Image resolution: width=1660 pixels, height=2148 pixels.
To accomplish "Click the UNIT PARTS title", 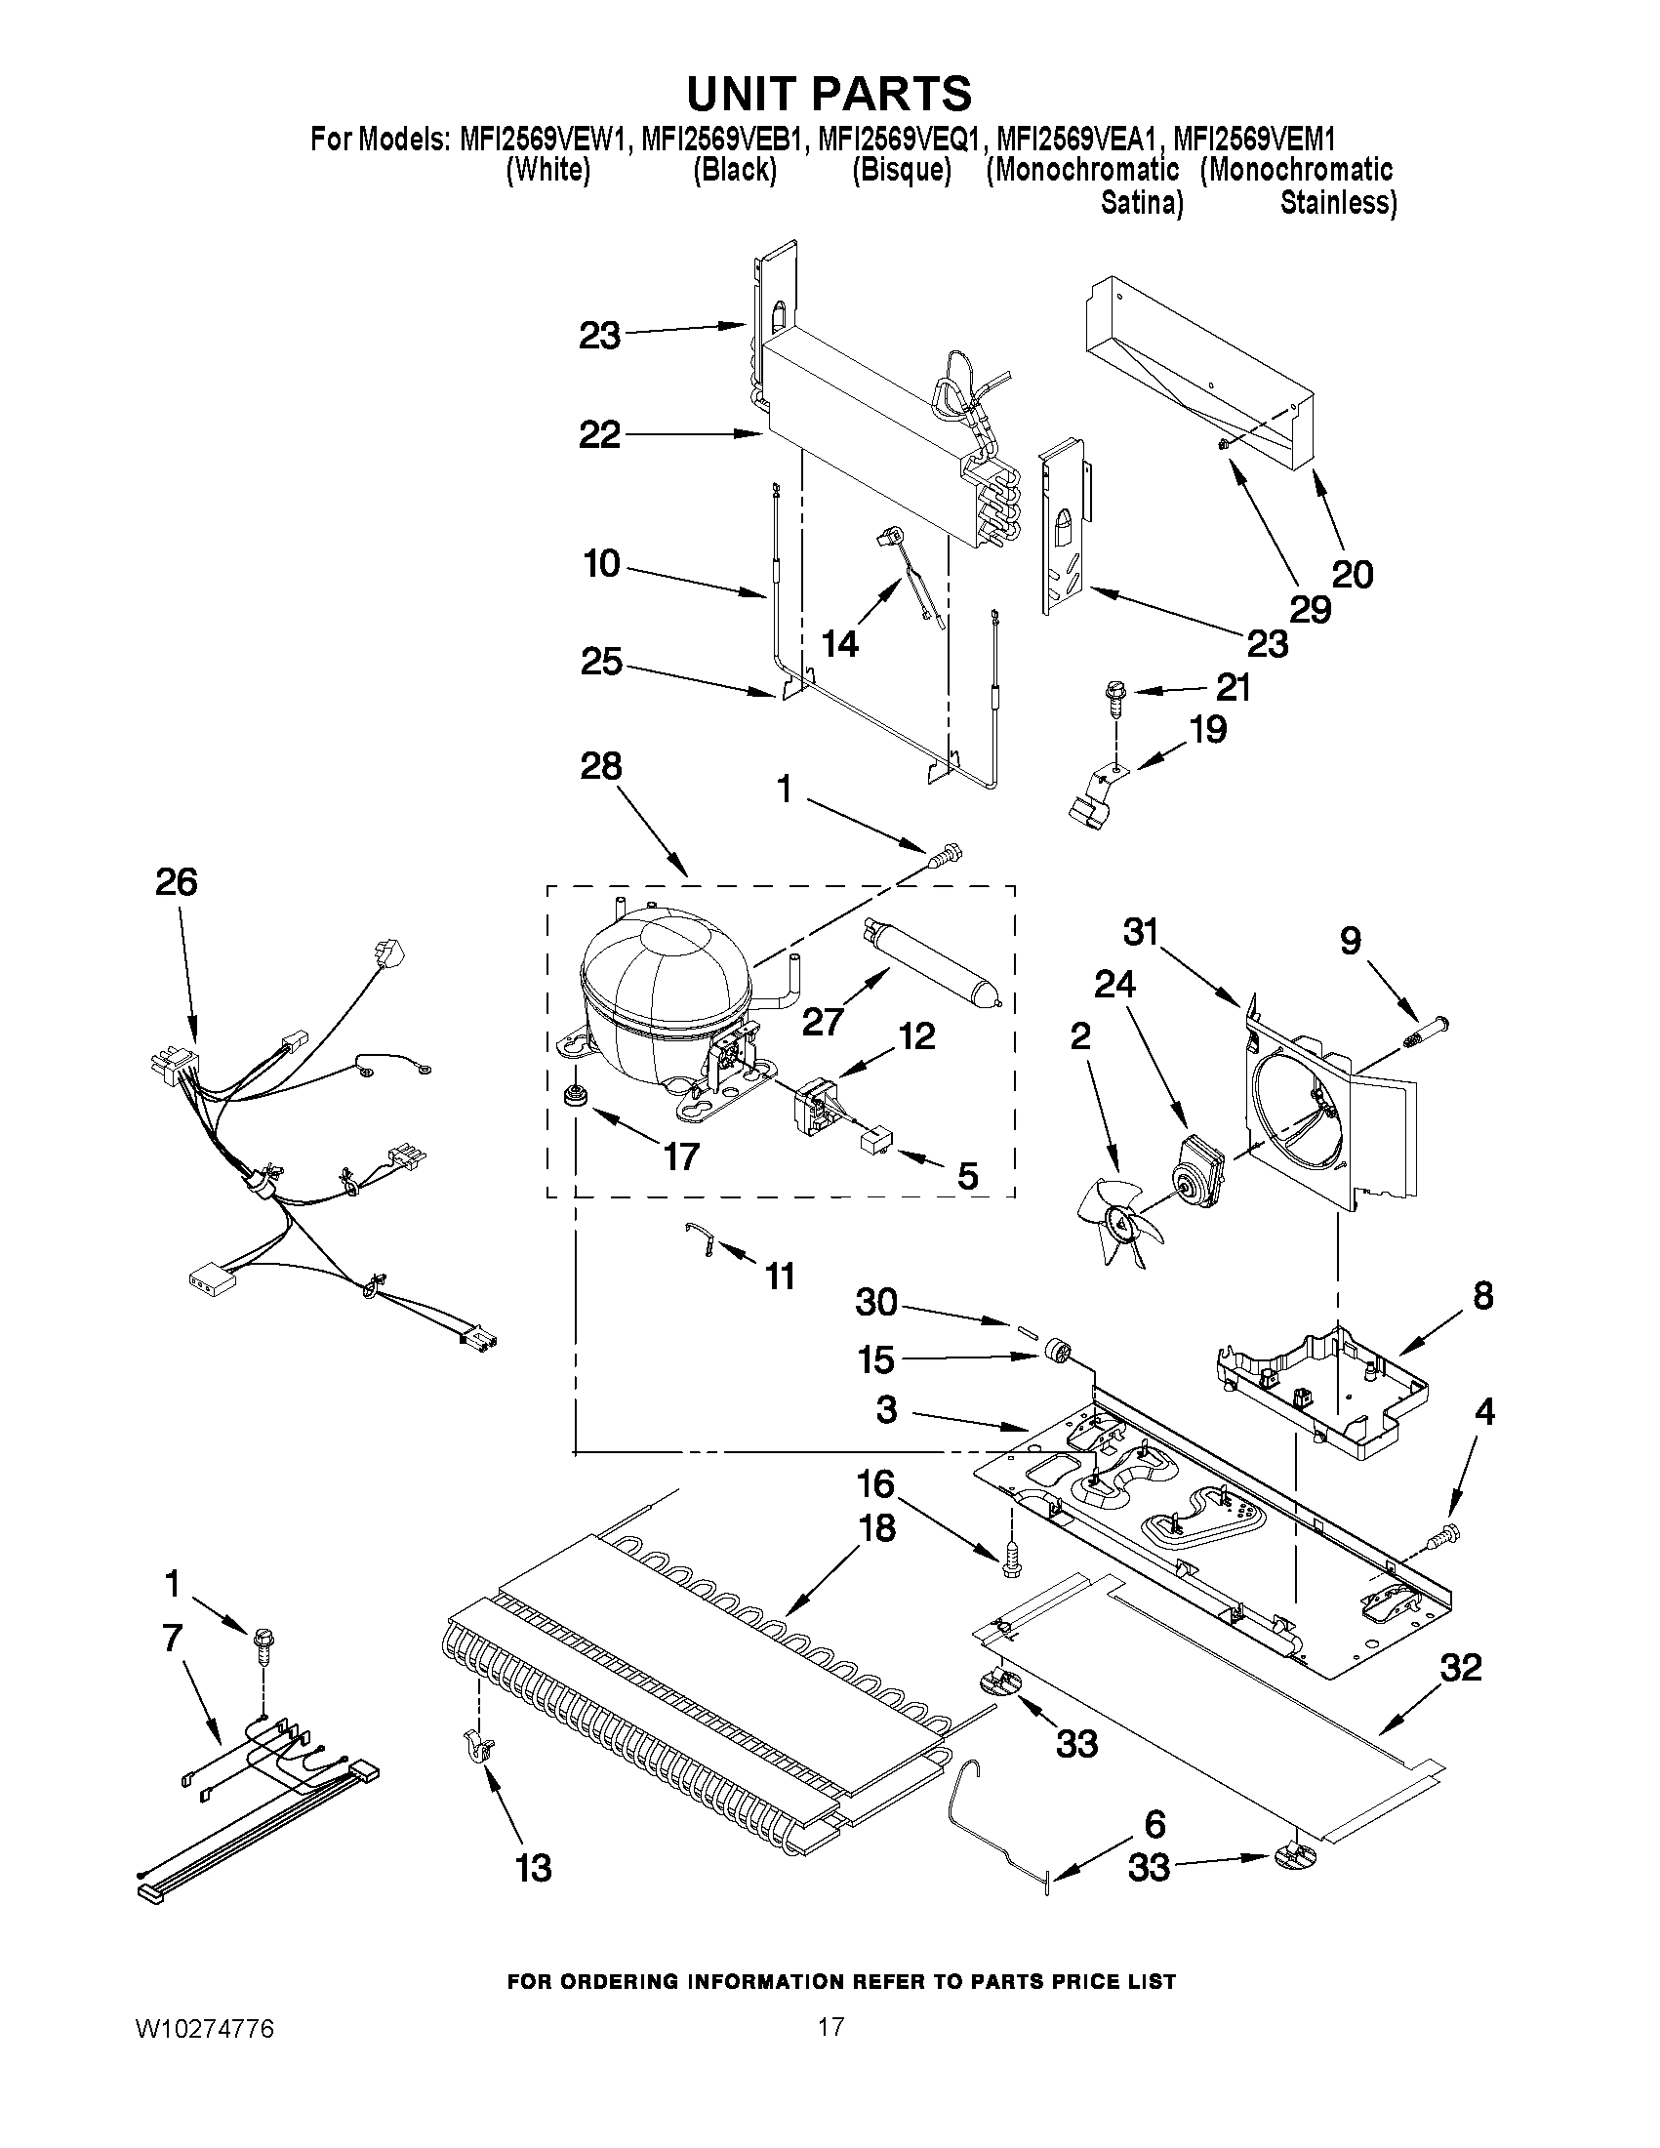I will coord(829,95).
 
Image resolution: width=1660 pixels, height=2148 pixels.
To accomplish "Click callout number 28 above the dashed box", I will coord(601,766).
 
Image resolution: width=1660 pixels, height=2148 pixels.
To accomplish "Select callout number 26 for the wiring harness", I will coord(177,882).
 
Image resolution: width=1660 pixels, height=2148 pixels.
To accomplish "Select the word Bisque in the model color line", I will coord(902,170).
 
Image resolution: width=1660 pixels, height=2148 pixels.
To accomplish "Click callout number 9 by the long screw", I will coord(1352,941).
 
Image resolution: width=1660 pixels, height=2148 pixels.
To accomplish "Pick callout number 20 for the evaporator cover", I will coord(1353,574).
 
